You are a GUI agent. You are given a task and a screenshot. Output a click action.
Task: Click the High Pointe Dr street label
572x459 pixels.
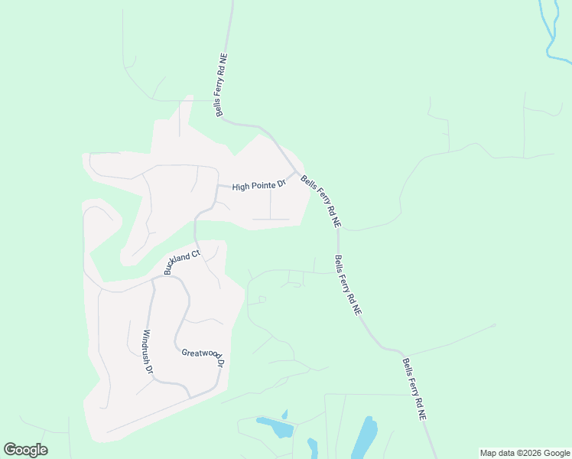[x=258, y=185]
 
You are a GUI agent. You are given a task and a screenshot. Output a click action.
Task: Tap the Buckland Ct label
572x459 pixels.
[x=182, y=262]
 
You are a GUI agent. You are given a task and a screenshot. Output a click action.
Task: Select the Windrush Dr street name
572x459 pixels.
[x=148, y=351]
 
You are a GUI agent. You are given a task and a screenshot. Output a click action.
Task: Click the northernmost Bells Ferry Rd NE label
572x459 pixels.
[x=222, y=85]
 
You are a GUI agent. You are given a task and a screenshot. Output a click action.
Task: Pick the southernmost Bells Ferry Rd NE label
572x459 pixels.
[x=414, y=389]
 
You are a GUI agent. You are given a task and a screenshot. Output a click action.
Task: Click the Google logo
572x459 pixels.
[x=25, y=450]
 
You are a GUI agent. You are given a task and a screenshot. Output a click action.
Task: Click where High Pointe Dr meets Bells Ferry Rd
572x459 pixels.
[x=297, y=171]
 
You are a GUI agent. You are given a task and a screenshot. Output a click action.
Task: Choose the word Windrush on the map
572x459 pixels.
[x=146, y=346]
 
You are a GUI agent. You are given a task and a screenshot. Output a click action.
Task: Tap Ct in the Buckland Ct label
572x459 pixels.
[x=195, y=253]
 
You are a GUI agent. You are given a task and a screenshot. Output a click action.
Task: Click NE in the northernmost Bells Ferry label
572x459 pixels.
[x=223, y=58]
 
